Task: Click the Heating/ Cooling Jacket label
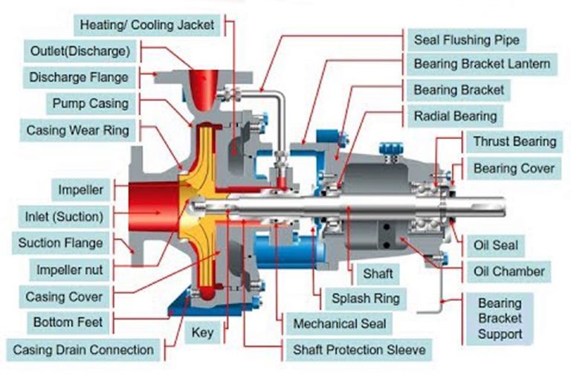pyautogui.click(x=148, y=25)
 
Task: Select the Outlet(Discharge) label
pyautogui.click(x=80, y=51)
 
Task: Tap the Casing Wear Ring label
pyautogui.click(x=77, y=131)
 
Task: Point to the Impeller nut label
pyautogui.click(x=70, y=269)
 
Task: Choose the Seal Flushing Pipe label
pyautogui.click(x=466, y=39)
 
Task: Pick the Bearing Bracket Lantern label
pyautogui.click(x=482, y=64)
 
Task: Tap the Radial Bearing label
pyautogui.click(x=455, y=116)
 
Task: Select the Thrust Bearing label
pyautogui.click(x=514, y=141)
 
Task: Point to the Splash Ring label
pyautogui.click(x=365, y=299)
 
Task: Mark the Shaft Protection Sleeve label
pyautogui.click(x=358, y=349)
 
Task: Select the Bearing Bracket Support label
pyautogui.click(x=500, y=318)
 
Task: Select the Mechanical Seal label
pyautogui.click(x=340, y=324)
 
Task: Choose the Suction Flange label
pyautogui.click(x=61, y=242)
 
